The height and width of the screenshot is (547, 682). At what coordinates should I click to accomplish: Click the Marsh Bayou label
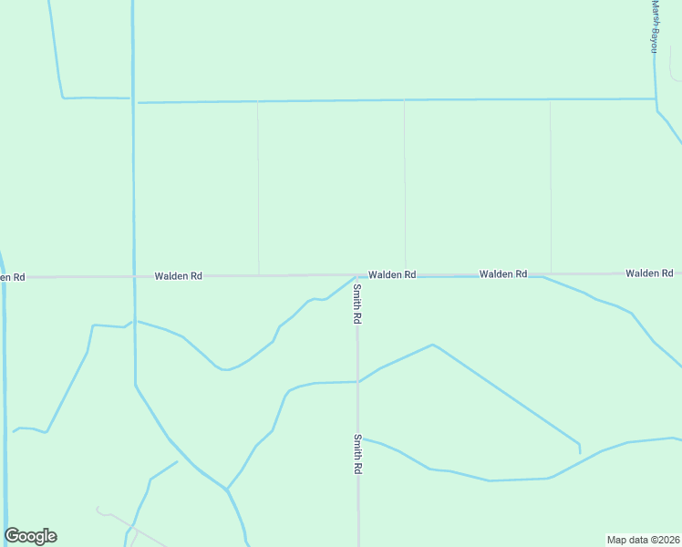pyautogui.click(x=654, y=26)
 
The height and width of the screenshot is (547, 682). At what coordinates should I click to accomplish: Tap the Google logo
pyautogui.click(x=31, y=536)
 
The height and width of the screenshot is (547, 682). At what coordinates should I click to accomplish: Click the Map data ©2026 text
pyautogui.click(x=643, y=540)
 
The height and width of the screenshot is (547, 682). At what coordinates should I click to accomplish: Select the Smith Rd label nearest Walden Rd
pyautogui.click(x=358, y=304)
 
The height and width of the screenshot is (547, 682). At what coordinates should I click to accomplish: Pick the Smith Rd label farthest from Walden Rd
pyautogui.click(x=358, y=454)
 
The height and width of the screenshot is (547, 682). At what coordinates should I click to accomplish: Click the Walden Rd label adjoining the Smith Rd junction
pyautogui.click(x=392, y=274)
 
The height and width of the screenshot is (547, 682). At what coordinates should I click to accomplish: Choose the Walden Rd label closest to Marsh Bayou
pyautogui.click(x=649, y=273)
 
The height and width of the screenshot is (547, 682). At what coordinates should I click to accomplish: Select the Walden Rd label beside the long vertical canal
pyautogui.click(x=178, y=275)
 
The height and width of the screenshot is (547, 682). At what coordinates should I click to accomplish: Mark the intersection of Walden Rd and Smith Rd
pyautogui.click(x=356, y=275)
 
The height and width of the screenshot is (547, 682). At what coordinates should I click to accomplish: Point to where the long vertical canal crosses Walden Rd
pyautogui.click(x=134, y=275)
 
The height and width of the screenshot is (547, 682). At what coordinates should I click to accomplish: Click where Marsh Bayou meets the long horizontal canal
pyautogui.click(x=656, y=98)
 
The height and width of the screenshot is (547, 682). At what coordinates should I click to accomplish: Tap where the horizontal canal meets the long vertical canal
pyautogui.click(x=134, y=101)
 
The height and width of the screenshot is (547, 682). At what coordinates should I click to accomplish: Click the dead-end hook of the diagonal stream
pyautogui.click(x=580, y=449)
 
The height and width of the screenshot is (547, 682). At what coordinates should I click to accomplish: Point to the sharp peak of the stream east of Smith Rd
pyautogui.click(x=432, y=345)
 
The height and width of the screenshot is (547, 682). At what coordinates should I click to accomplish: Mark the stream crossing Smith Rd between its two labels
pyautogui.click(x=357, y=382)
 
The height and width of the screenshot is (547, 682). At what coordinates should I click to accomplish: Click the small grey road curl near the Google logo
pyautogui.click(x=98, y=509)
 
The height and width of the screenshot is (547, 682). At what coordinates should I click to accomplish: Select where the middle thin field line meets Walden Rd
pyautogui.click(x=405, y=273)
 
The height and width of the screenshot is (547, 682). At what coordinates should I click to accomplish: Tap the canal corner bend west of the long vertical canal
pyautogui.click(x=63, y=96)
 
